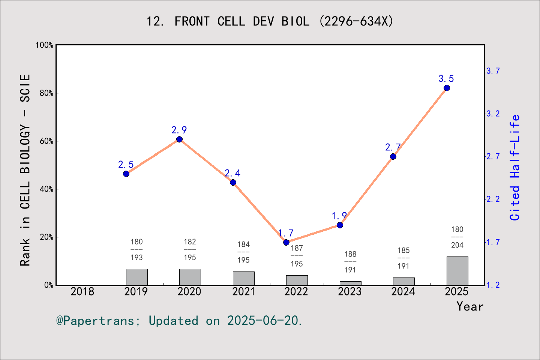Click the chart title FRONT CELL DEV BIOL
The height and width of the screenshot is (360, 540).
click(x=270, y=21)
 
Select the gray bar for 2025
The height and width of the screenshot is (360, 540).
click(x=457, y=271)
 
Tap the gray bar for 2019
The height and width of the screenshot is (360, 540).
click(x=136, y=277)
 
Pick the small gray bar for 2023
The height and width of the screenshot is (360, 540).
click(x=350, y=283)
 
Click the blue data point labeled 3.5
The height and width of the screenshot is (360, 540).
click(x=447, y=88)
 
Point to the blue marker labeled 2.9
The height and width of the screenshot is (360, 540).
click(x=179, y=139)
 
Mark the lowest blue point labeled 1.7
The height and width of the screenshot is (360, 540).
click(x=286, y=242)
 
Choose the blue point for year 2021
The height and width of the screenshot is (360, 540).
click(x=233, y=183)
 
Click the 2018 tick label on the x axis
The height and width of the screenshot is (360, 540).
click(x=82, y=291)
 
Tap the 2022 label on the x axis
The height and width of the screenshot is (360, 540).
click(x=296, y=291)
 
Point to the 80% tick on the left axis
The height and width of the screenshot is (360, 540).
click(x=46, y=93)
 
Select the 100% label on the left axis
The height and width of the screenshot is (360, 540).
click(x=45, y=45)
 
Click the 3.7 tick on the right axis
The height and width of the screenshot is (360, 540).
click(x=493, y=71)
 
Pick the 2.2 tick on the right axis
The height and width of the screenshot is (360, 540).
click(x=493, y=199)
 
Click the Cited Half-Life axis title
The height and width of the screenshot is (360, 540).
click(x=515, y=167)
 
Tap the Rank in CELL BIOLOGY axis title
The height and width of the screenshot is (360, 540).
click(x=25, y=170)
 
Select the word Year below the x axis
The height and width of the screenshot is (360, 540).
click(x=469, y=306)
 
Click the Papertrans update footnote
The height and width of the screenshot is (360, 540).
click(x=179, y=321)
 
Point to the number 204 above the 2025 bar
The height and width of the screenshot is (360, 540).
click(x=457, y=245)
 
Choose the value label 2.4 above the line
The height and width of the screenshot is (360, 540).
click(x=232, y=173)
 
